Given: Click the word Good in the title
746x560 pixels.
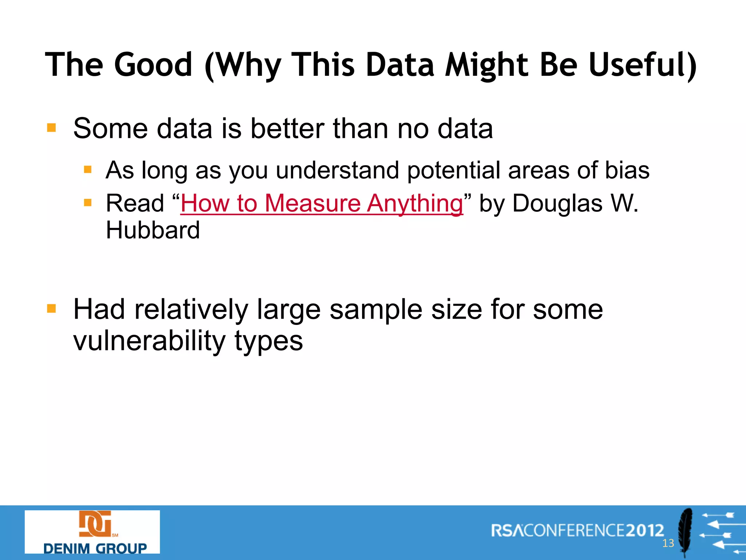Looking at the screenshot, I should tap(153, 65).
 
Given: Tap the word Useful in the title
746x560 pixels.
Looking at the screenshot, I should tap(642, 65).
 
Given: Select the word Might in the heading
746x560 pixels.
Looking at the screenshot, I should tap(487, 65).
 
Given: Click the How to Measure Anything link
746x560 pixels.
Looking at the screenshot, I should tap(322, 203).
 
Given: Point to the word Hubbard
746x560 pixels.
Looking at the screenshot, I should tap(153, 230).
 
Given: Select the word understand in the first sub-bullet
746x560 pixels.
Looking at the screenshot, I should tap(337, 170).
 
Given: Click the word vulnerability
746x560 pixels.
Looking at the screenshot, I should tap(150, 341).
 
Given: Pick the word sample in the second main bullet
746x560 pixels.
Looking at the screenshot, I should tap(376, 309).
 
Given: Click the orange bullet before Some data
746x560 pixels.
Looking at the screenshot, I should tap(51, 128).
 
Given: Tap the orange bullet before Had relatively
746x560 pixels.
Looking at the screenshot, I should tap(51, 309).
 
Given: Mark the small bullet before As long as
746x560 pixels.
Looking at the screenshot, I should tap(87, 170).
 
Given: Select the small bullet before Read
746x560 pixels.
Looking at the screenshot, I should tap(87, 203).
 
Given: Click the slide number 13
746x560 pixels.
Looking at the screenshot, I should tap(668, 544).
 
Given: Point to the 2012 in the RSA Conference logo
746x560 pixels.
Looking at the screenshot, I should tap(645, 530).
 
